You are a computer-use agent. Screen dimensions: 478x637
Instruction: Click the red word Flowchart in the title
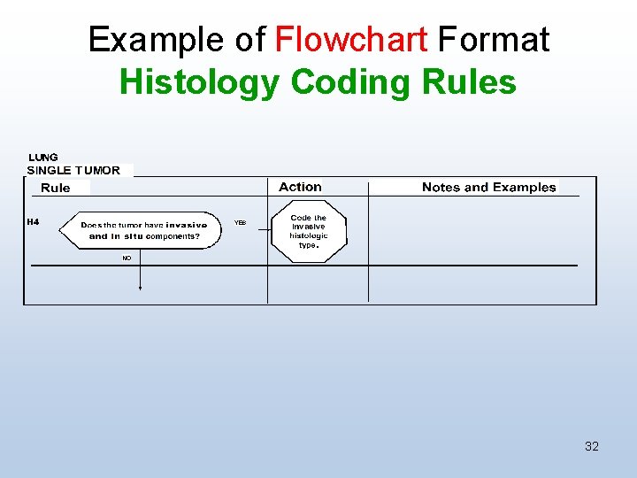click(x=351, y=40)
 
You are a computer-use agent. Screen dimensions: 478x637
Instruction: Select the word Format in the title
click(x=494, y=40)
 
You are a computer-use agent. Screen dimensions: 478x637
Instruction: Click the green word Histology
click(x=200, y=82)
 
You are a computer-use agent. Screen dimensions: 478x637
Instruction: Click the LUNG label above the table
click(x=43, y=158)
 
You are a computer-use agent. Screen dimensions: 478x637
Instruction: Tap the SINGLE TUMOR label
click(x=73, y=170)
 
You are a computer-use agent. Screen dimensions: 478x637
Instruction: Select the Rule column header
click(x=56, y=188)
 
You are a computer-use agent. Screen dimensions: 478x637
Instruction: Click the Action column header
click(x=300, y=187)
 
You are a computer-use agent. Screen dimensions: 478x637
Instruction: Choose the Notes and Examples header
click(x=488, y=187)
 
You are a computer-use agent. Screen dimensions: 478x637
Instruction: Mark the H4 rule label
click(x=33, y=221)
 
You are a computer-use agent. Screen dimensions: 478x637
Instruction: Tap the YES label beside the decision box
click(x=240, y=223)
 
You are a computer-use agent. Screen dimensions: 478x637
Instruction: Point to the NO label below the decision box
click(x=127, y=258)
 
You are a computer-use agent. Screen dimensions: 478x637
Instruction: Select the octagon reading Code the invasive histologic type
click(x=308, y=231)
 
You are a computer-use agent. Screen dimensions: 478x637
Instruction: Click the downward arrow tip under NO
click(x=141, y=288)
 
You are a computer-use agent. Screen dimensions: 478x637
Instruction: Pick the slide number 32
click(x=592, y=446)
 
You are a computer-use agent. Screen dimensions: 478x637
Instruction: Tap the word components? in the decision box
click(x=173, y=236)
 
